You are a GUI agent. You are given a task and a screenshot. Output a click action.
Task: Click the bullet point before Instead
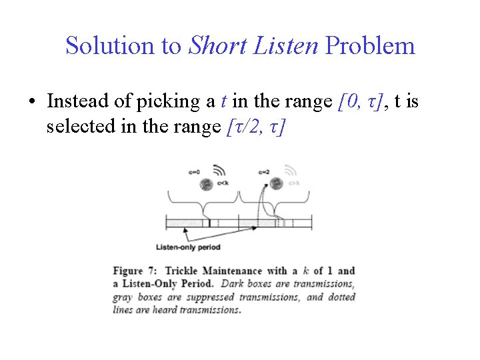coord(31,103)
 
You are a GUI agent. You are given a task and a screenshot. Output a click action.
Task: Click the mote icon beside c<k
coord(207,183)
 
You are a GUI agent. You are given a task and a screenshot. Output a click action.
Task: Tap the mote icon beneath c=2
coord(274,183)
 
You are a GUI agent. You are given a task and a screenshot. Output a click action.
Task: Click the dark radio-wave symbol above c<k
coord(219,171)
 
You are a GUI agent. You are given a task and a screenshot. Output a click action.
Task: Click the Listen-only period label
coord(187,247)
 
